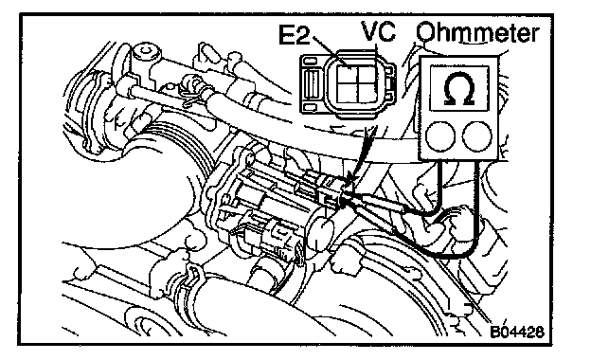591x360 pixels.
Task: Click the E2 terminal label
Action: click(294, 35)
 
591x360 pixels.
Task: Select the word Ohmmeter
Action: click(477, 33)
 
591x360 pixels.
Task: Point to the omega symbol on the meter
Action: click(459, 88)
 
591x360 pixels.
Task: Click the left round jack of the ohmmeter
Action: click(439, 135)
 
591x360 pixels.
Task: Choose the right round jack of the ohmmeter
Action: click(477, 135)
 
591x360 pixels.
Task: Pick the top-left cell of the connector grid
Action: click(347, 74)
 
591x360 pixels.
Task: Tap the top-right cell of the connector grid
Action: click(366, 74)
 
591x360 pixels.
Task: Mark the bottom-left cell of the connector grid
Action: click(347, 93)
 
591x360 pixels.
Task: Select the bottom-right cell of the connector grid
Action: click(366, 93)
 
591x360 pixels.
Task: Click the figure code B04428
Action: click(517, 332)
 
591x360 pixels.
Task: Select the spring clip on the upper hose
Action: click(191, 89)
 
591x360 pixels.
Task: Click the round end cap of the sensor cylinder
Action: click(321, 233)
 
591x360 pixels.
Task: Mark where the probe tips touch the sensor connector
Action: click(344, 199)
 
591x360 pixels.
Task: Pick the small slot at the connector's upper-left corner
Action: click(310, 61)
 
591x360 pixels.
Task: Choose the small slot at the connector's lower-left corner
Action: click(310, 107)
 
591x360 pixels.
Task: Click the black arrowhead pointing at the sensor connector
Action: click(349, 178)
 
